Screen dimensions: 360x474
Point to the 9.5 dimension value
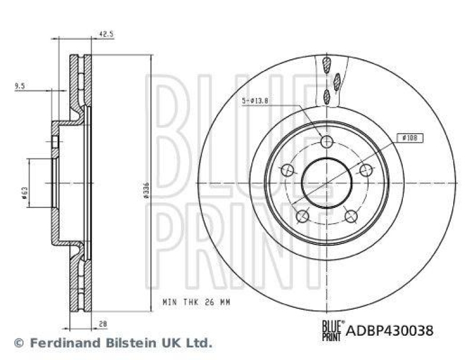click(20, 86)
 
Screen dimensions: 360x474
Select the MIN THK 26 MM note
click(196, 302)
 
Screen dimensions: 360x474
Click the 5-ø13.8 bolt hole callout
click(256, 101)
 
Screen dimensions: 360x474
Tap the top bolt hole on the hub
click(326, 142)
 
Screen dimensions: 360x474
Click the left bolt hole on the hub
click(287, 171)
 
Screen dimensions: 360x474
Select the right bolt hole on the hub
click(366, 170)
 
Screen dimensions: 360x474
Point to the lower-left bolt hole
click(302, 216)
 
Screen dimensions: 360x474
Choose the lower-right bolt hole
click(350, 216)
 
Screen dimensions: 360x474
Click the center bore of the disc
click(326, 183)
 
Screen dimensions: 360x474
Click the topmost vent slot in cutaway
click(325, 63)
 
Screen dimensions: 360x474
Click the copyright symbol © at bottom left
click(18, 342)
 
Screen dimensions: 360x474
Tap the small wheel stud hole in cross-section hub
click(55, 142)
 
